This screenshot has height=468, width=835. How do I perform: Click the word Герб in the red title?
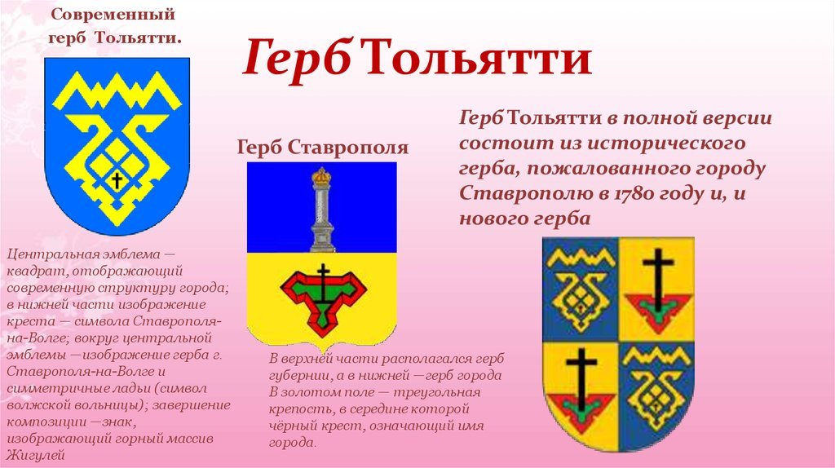[296, 58]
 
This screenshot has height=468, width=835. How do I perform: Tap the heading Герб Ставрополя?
[323, 148]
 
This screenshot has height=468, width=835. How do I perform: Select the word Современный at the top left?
[113, 15]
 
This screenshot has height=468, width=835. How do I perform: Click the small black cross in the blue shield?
[117, 180]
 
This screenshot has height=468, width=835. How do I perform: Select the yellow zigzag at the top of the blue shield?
[117, 91]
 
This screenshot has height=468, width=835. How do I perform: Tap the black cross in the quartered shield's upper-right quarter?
[658, 280]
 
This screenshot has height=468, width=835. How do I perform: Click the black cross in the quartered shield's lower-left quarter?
[581, 379]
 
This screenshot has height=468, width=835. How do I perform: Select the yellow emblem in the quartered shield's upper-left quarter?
[581, 288]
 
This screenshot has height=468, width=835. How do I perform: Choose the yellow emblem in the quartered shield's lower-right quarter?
[657, 386]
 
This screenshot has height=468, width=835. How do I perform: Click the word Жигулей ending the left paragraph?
[36, 455]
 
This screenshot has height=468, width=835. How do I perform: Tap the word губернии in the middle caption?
[300, 376]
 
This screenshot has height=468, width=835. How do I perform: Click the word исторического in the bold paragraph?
[667, 143]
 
